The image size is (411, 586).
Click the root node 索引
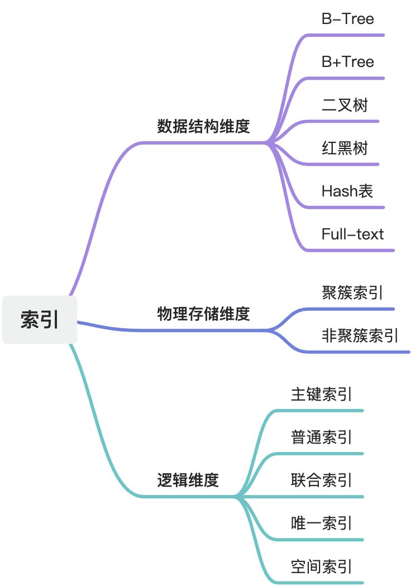pos(40,320)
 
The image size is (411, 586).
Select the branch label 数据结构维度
pos(203,126)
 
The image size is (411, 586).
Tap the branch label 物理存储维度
pos(203,314)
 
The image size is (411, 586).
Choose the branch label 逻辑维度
pos(188,479)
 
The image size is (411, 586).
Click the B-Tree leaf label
pos(347,19)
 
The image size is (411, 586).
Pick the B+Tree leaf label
pos(347,61)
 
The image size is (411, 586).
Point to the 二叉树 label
pos(345,104)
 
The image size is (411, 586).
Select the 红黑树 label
pos(345,148)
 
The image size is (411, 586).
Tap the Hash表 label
pos(347,191)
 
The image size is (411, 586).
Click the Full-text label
pos(352,234)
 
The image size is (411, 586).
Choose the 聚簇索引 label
pos(352,292)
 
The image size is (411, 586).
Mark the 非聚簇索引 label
pos(360,335)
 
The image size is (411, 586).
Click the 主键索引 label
pos(321,394)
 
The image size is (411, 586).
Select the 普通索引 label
pos(321,436)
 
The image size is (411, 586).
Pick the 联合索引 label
pos(321,479)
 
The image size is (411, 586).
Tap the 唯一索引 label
pos(321,523)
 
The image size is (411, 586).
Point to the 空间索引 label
pos(321,566)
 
